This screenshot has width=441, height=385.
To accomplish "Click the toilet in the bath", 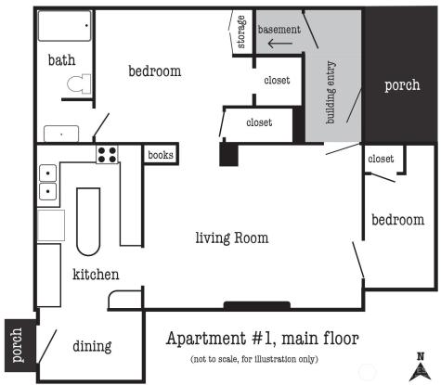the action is tap(79, 83).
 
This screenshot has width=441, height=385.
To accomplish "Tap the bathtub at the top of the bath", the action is tap(65, 26).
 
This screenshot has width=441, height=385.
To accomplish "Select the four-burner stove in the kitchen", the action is tap(107, 155).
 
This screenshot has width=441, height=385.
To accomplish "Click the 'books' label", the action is tap(161, 155).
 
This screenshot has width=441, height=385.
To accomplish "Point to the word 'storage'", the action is tap(241, 32).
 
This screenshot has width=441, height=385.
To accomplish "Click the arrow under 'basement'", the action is tap(279, 44).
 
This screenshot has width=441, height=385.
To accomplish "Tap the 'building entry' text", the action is tap(331, 92).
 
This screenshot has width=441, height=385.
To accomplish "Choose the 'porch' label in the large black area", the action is tap(402, 85).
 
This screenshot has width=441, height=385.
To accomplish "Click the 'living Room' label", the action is tap(232, 237).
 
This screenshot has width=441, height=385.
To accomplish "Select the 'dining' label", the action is tap(92, 346).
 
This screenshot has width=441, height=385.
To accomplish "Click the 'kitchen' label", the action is tap(96, 275).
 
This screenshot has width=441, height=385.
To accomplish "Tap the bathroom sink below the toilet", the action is tap(61, 134).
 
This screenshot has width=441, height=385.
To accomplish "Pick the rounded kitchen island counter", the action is tap(88, 222).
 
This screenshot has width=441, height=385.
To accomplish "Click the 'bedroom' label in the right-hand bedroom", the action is tap(398, 220).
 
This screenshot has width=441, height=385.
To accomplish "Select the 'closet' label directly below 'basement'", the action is tap(277, 81).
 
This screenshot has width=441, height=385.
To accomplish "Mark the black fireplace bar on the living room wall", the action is tap(257, 306).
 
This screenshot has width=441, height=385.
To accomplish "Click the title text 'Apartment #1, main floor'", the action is tap(263, 339).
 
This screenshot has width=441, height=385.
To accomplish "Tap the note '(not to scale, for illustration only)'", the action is tap(254, 359).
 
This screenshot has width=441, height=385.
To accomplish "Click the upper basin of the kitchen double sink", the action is tap(48, 173).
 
